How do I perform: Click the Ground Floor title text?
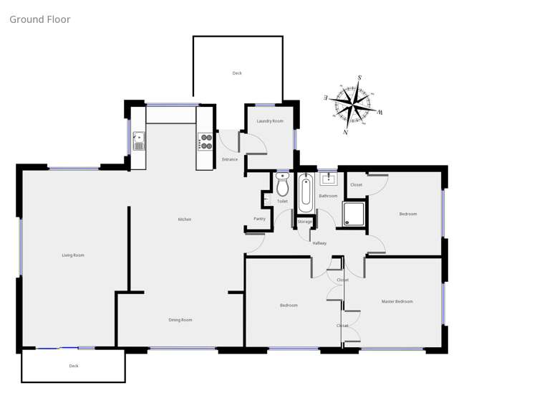[40, 19]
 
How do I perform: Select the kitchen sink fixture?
[138, 141]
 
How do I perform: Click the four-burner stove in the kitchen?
[205, 141]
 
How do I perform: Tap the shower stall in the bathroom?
[354, 214]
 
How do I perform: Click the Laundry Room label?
[270, 121]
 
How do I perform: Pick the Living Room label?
[73, 255]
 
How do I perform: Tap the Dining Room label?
[180, 320]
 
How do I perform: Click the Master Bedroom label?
[397, 301]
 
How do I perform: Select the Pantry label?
[259, 219]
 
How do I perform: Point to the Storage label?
[305, 222]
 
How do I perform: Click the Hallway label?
[319, 243]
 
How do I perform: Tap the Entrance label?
[230, 159]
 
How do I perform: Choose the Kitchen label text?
[185, 219]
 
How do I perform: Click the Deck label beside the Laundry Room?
[237, 73]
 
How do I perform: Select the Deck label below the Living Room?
[74, 366]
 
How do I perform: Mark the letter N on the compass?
[346, 132]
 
